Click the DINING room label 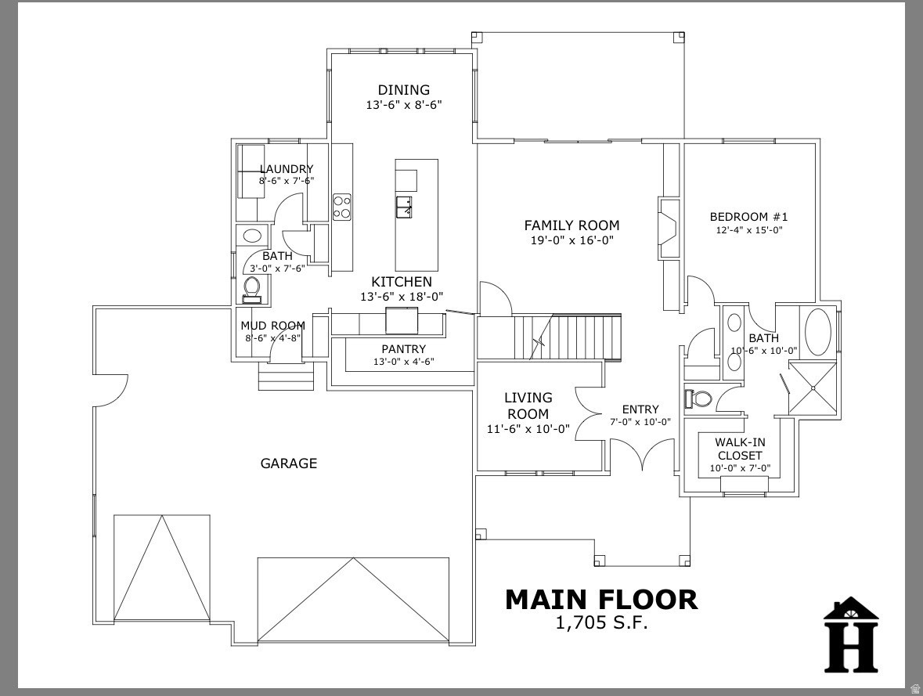[403, 90]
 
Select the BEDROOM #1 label [748, 217]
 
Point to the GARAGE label [288, 463]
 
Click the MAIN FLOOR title [600, 600]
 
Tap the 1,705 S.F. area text [601, 623]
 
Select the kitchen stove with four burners [342, 207]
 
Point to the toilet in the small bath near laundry [252, 288]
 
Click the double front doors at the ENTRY [642, 454]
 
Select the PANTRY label [403, 349]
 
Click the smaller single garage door [162, 568]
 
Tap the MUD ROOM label [272, 326]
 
